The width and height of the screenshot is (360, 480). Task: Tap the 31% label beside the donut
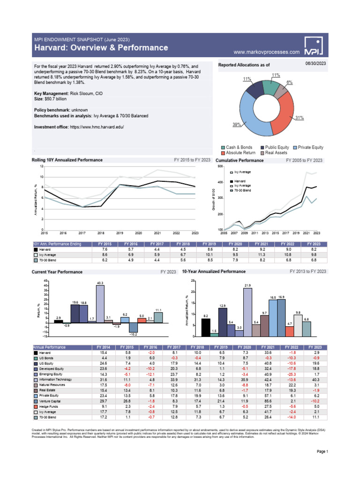pyautogui.click(x=300, y=118)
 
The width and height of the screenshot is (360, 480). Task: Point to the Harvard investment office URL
pyautogui.click(x=97, y=127)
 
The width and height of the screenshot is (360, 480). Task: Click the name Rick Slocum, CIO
pyautogui.click(x=86, y=94)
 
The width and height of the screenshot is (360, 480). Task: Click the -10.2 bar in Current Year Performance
pyautogui.click(x=133, y=328)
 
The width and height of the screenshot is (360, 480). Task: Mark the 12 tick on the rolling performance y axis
pyautogui.click(x=41, y=166)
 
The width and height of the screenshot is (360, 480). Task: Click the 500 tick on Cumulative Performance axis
pyautogui.click(x=220, y=166)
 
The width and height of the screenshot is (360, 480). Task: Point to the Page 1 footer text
pyautogui.click(x=322, y=451)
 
